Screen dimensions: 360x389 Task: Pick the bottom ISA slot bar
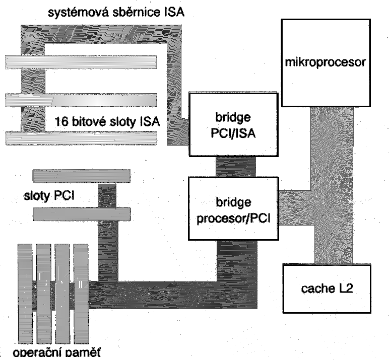[x=81, y=137]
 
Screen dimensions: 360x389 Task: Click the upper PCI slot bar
[x=81, y=175]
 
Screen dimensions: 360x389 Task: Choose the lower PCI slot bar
[x=81, y=214]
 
